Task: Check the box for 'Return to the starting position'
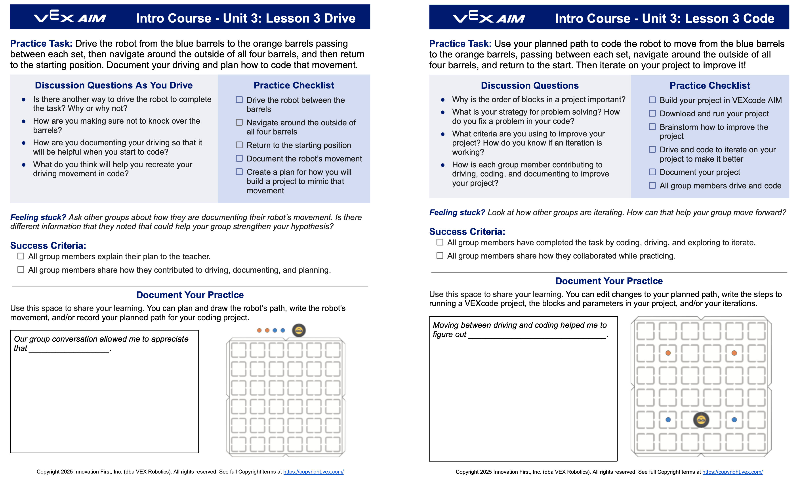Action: tap(239, 145)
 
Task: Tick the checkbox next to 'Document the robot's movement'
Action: tap(239, 158)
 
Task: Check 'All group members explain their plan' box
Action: tap(21, 256)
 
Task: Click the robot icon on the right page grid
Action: tap(701, 420)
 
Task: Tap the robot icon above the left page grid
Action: tap(299, 330)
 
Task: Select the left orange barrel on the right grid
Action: tap(668, 353)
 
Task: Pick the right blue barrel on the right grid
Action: tap(734, 420)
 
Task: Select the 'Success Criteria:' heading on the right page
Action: tap(467, 232)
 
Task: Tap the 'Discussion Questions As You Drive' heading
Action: tap(114, 85)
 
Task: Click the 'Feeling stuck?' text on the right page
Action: tap(457, 213)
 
